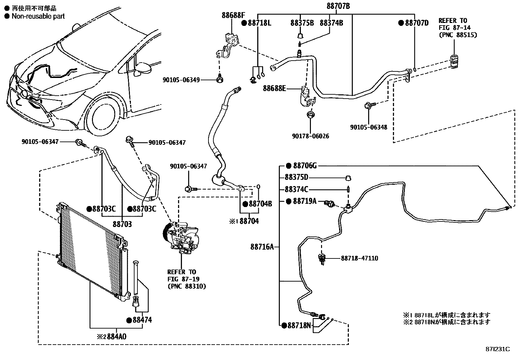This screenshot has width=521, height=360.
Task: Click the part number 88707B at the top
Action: [338, 6]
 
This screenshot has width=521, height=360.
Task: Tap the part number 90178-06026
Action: [311, 136]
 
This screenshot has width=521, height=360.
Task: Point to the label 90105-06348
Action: [368, 127]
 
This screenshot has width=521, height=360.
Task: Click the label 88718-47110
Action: [359, 258]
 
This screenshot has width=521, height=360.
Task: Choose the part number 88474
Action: [142, 320]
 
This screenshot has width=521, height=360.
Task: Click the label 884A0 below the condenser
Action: [115, 336]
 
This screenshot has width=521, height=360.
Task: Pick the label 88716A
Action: [262, 247]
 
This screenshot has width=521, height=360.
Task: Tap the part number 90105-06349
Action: [181, 80]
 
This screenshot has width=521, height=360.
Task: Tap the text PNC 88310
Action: [186, 286]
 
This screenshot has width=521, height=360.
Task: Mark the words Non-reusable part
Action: [38, 16]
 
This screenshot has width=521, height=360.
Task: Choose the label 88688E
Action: [274, 88]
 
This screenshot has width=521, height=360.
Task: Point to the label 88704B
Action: [260, 204]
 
